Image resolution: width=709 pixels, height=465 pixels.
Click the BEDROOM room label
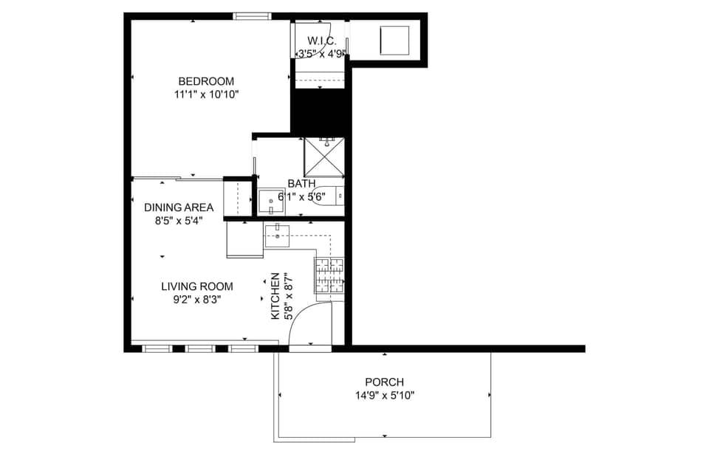(x=206, y=81)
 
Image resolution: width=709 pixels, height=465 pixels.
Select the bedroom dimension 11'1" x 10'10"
(x=206, y=94)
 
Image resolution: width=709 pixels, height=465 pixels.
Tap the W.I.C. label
(x=322, y=41)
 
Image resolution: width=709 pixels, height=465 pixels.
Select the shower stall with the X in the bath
(x=324, y=157)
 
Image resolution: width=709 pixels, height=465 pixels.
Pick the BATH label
(x=301, y=184)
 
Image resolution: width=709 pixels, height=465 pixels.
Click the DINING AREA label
(x=179, y=207)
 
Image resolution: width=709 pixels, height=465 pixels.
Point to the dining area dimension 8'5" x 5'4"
(x=179, y=220)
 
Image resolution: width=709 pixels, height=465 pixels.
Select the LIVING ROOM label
(x=197, y=286)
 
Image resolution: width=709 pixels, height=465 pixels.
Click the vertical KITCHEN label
(x=275, y=296)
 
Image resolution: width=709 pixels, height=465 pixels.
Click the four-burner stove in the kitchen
(x=329, y=275)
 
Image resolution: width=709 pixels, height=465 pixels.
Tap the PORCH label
(x=384, y=382)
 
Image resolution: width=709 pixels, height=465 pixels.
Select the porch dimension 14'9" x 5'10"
(x=384, y=396)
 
